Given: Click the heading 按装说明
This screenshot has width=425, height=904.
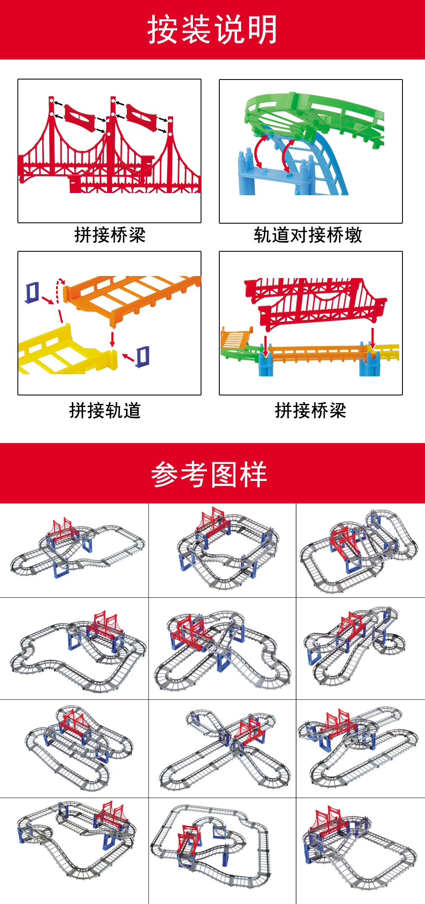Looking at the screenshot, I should (x=212, y=30).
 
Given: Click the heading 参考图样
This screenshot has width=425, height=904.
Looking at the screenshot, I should (x=209, y=474).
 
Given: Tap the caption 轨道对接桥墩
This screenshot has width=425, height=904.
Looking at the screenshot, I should (x=308, y=235).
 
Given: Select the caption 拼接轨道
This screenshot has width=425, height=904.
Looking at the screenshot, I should (x=105, y=411).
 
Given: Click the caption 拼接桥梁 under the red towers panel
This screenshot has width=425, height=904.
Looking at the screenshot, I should (x=110, y=235).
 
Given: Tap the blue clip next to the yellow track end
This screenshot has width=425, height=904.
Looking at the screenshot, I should (x=142, y=356).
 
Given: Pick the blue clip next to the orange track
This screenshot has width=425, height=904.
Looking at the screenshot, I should (x=32, y=292).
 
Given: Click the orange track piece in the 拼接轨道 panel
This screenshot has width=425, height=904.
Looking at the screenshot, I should (x=132, y=293).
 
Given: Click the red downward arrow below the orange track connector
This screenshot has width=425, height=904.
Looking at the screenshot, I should (x=112, y=339).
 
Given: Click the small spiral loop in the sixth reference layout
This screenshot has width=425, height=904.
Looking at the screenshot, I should (x=389, y=644).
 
